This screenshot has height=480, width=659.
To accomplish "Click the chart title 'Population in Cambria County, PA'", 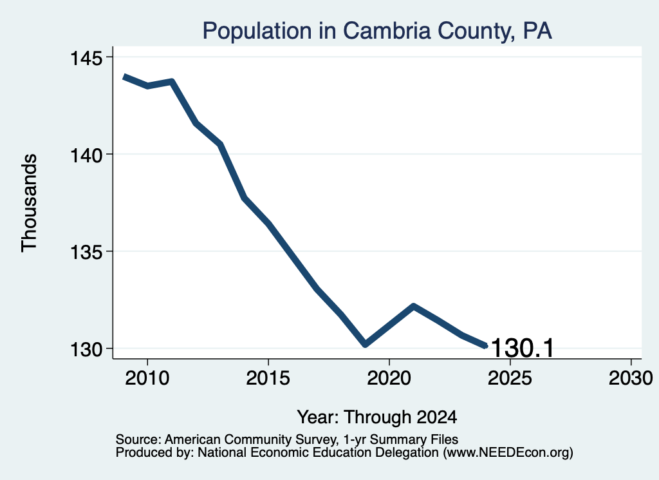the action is [377, 31].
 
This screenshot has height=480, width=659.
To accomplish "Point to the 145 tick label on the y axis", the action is [86, 58].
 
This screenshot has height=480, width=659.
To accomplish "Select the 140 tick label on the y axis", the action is [86, 155].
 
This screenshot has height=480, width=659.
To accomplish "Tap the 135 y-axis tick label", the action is [86, 253].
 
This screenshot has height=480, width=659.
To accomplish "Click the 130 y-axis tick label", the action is [86, 350].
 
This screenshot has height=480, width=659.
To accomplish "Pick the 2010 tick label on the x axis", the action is [147, 378].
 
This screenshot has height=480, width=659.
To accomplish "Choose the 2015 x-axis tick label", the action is [268, 378].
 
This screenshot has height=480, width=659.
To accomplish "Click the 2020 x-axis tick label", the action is [389, 378].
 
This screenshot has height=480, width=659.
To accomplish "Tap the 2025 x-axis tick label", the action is [510, 378].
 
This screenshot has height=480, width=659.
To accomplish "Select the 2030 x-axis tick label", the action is [631, 378].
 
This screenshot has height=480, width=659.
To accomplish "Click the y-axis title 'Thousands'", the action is [30, 203].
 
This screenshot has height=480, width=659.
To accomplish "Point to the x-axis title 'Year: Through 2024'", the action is [377, 418].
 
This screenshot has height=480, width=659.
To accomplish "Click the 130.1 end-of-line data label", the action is [523, 349].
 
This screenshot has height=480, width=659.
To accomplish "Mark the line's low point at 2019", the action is [366, 344].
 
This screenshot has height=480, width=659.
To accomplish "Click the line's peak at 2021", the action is [414, 306].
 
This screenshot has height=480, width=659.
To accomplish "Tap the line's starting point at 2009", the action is [124, 77].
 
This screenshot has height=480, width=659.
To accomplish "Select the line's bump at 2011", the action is [171, 81].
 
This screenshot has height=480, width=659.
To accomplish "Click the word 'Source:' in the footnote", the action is [138, 439].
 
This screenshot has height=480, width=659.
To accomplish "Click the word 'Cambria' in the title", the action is [387, 31].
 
